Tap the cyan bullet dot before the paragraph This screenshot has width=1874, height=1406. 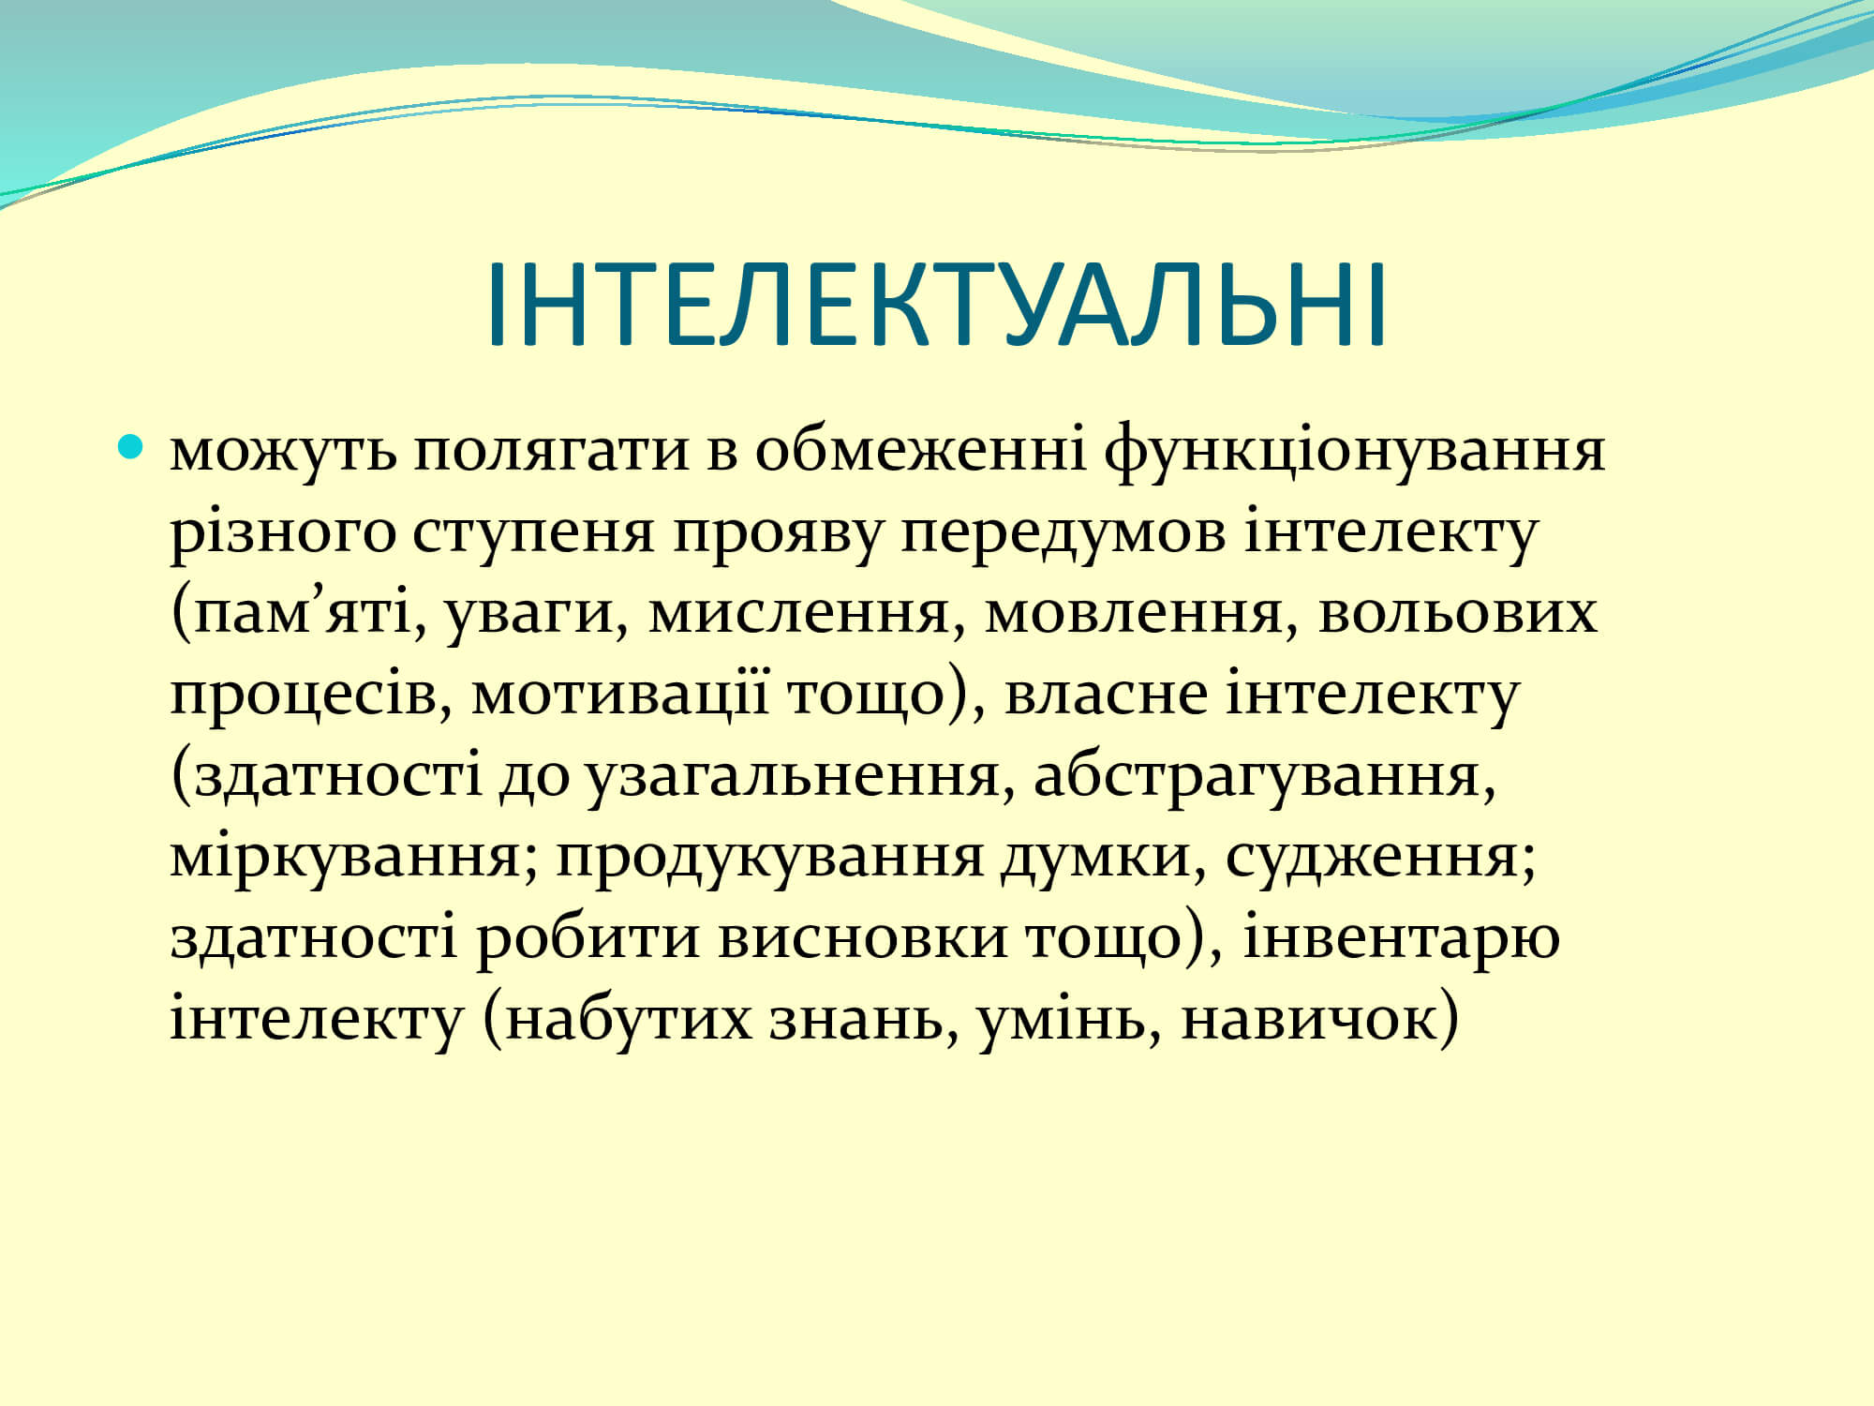pyautogui.click(x=131, y=444)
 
